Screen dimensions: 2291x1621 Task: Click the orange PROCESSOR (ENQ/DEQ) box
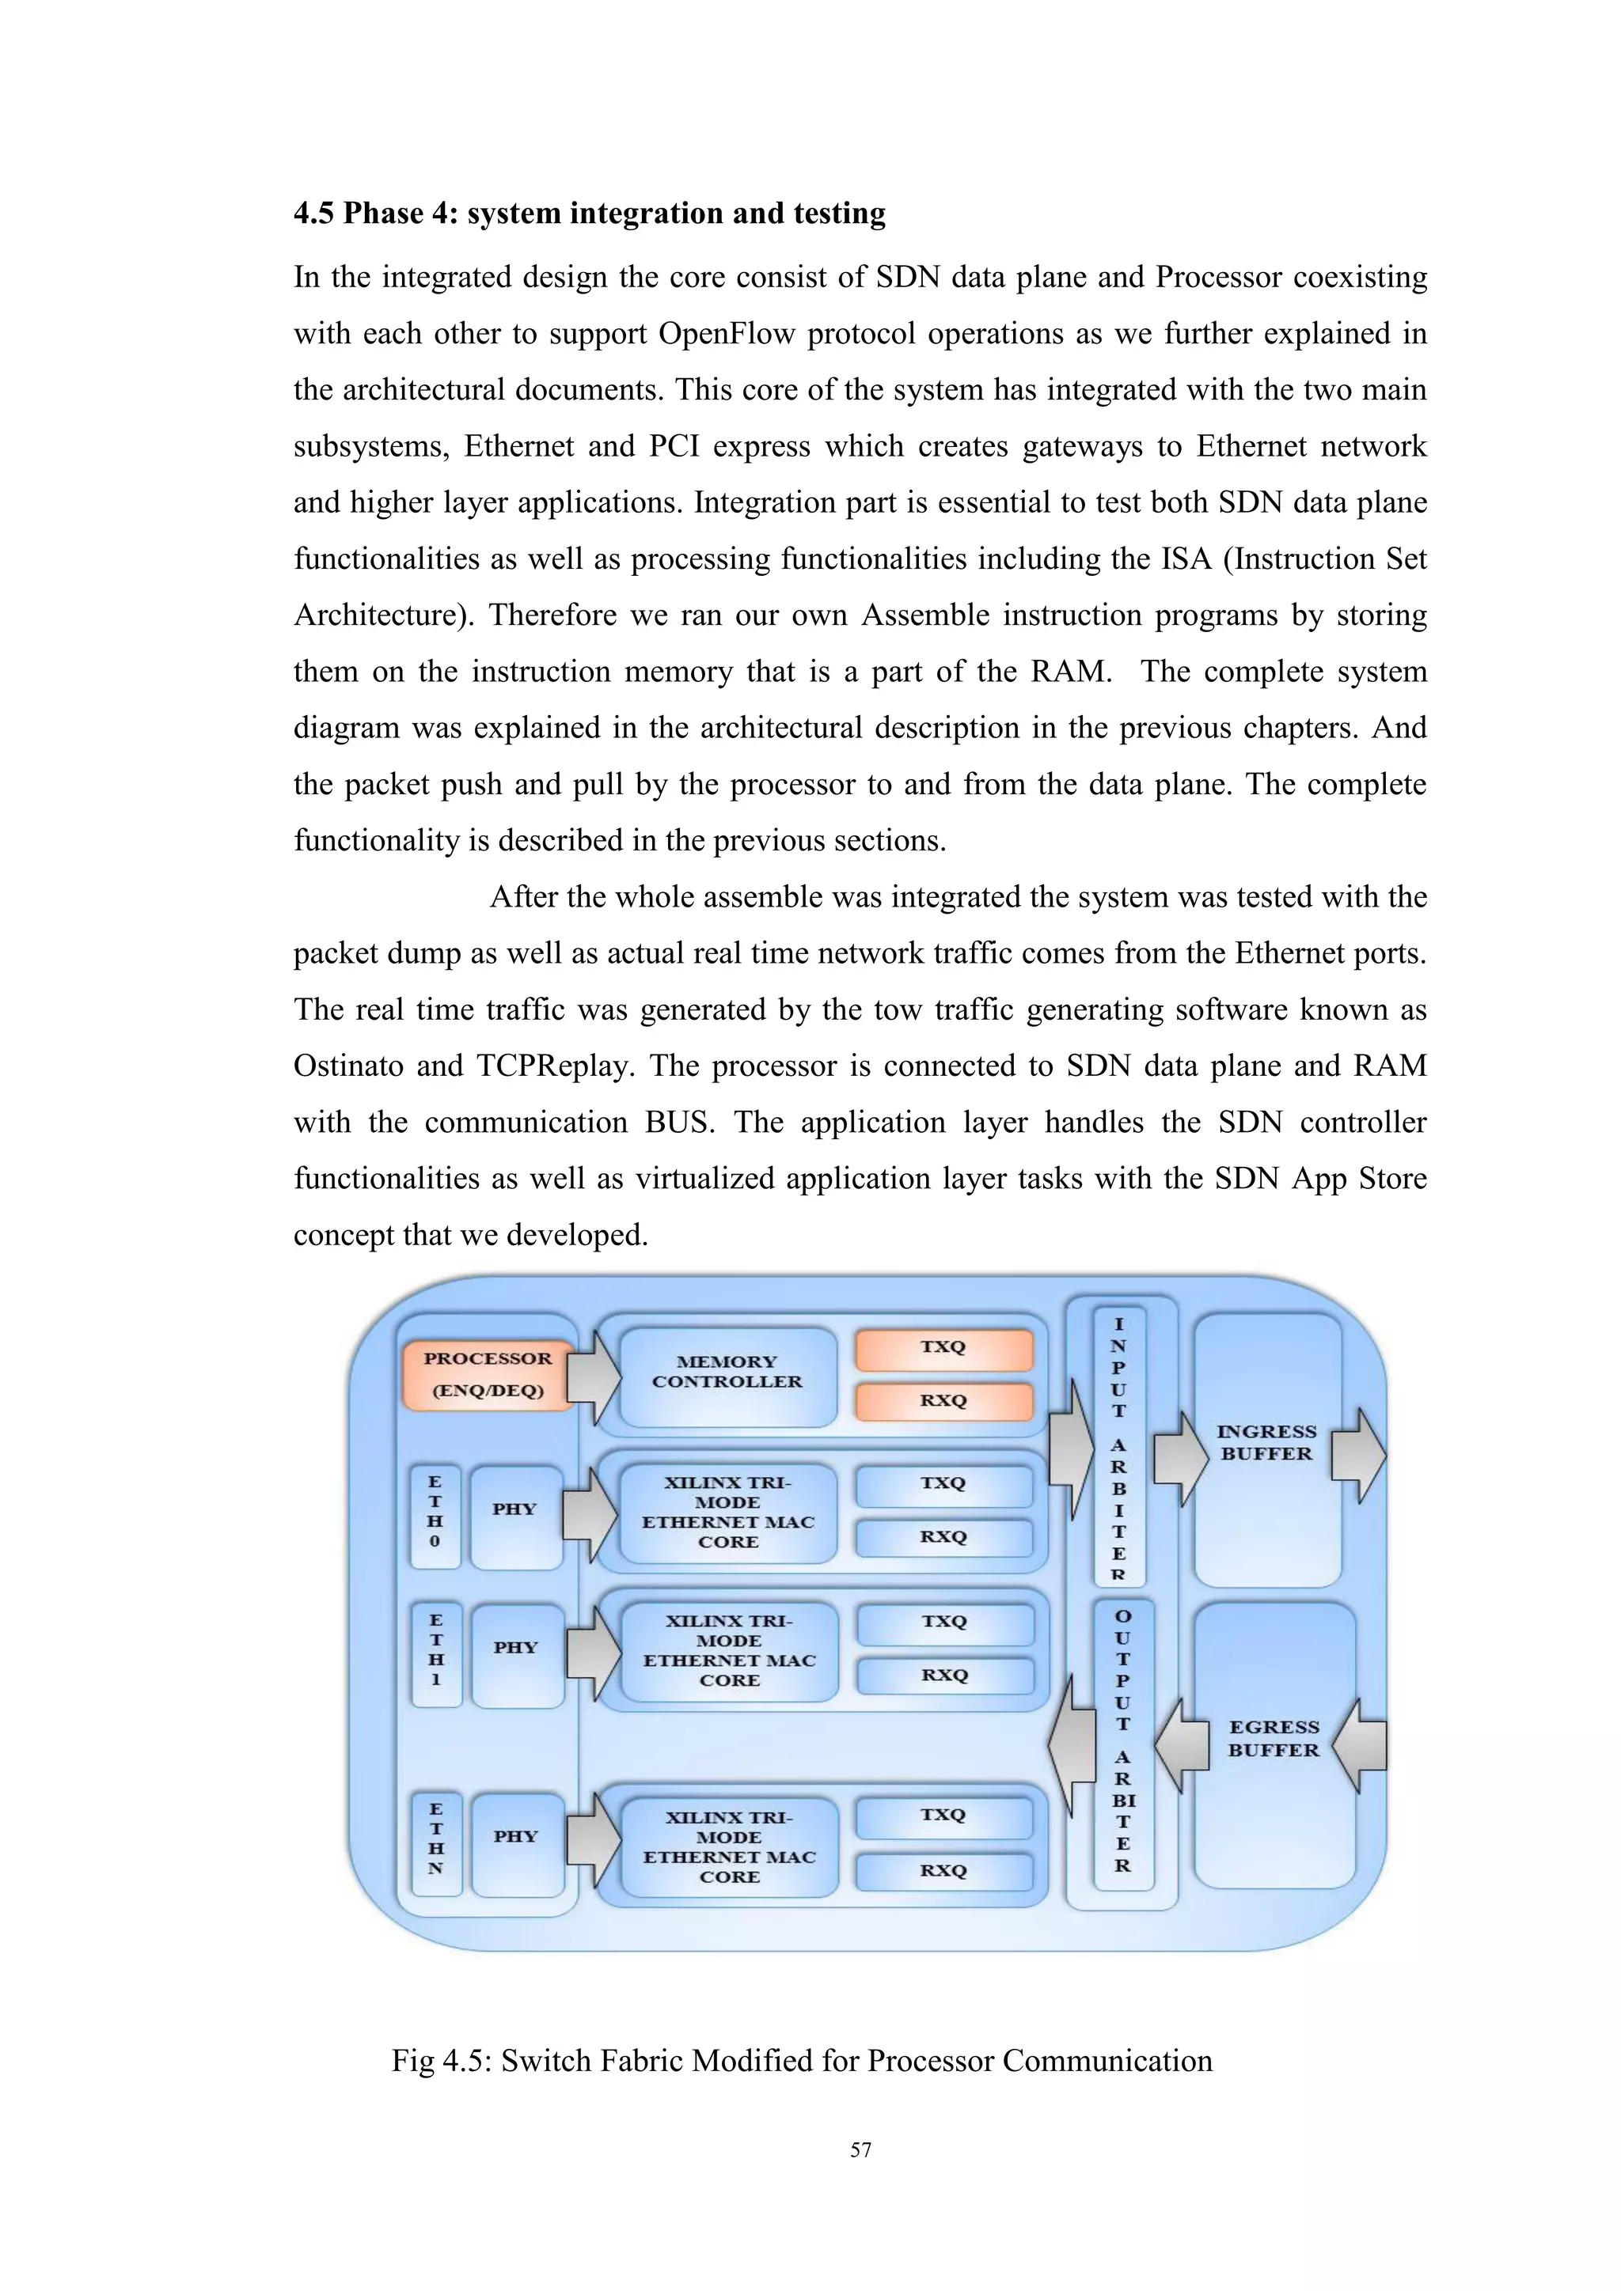[487, 1375]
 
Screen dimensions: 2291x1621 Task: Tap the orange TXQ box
[943, 1348]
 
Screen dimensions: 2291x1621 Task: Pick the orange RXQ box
[943, 1401]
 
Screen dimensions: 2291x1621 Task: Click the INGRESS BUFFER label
[1266, 1443]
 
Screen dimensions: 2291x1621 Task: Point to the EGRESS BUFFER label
[1273, 1738]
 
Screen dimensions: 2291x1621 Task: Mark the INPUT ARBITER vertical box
[1119, 1447]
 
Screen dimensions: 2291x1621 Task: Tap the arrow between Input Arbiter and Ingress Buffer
[1181, 1458]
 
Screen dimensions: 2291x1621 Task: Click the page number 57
[860, 2150]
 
